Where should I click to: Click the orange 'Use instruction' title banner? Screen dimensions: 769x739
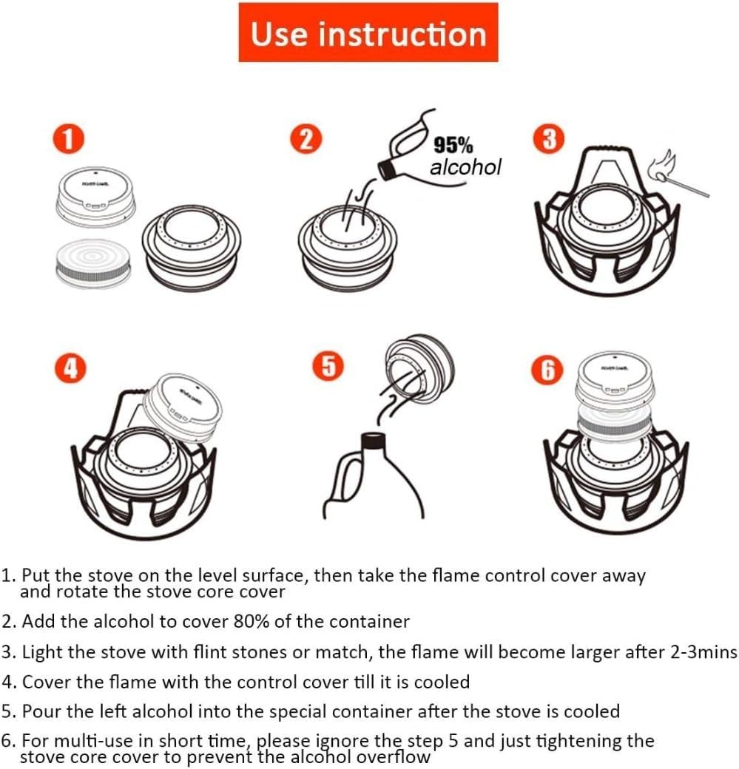(368, 33)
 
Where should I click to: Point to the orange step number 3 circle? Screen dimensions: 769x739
(548, 140)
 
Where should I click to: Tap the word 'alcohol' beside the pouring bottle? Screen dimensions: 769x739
(465, 168)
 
